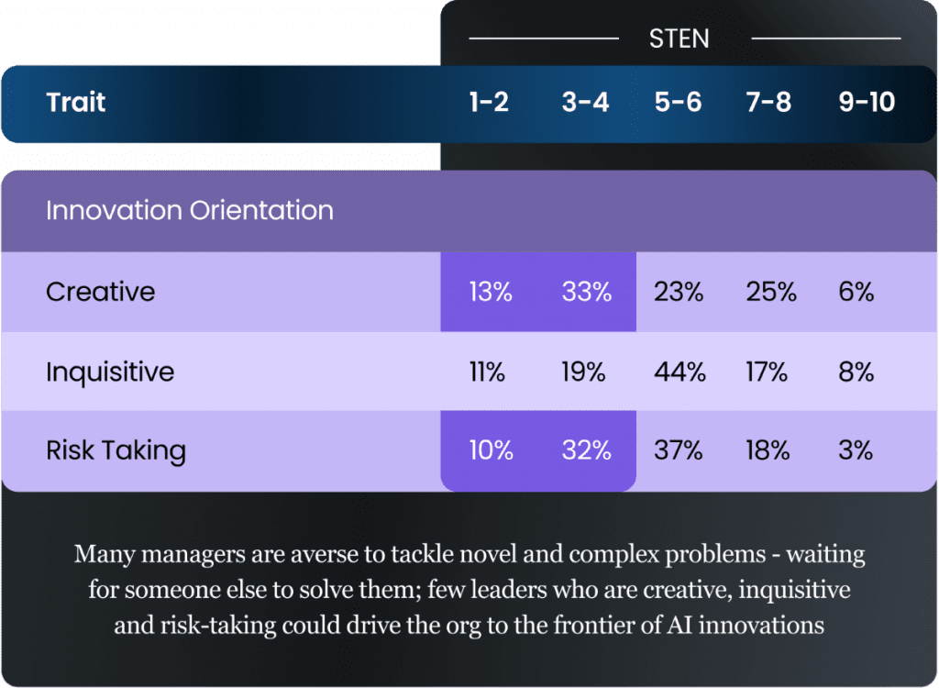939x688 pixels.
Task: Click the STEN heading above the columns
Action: [x=679, y=39]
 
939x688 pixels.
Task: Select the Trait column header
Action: [x=76, y=102]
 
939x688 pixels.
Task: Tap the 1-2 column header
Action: [x=489, y=102]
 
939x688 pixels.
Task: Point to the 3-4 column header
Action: [x=585, y=102]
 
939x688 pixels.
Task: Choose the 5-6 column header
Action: [x=678, y=102]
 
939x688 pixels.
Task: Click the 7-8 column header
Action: [x=768, y=102]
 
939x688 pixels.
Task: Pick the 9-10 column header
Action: [x=867, y=102]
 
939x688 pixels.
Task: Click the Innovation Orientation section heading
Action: [x=190, y=210]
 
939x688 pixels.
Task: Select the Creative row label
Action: [x=101, y=292]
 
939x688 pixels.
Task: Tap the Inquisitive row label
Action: [x=110, y=372]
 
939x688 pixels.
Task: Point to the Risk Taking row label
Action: [x=116, y=450]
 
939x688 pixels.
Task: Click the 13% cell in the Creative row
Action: [x=489, y=292]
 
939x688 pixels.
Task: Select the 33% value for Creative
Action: [x=587, y=292]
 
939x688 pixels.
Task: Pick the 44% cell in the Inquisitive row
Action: [x=679, y=372]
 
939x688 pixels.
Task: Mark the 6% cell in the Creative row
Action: [x=856, y=292]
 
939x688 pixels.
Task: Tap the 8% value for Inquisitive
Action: [x=856, y=372]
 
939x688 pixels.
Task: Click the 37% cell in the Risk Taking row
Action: [x=679, y=450]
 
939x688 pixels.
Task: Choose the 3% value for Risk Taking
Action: [x=856, y=450]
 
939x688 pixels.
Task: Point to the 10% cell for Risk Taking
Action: [x=489, y=450]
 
